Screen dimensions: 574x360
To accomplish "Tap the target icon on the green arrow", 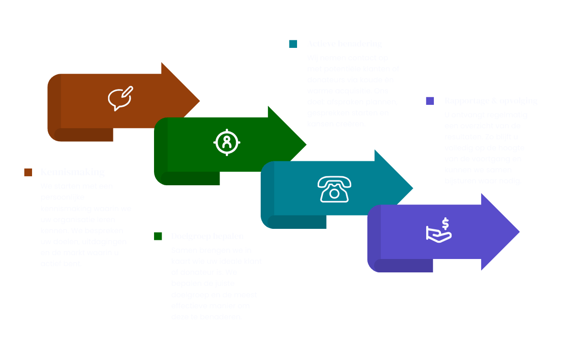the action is tap(227, 142).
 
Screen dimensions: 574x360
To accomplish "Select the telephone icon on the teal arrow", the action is tap(334, 188).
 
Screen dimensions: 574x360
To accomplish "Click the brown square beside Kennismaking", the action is tap(28, 172).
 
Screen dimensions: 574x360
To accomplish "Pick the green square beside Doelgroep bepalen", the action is tap(158, 236).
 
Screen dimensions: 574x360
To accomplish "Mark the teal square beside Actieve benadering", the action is tap(293, 44).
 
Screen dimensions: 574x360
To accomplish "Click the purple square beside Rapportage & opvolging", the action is tap(430, 101).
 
